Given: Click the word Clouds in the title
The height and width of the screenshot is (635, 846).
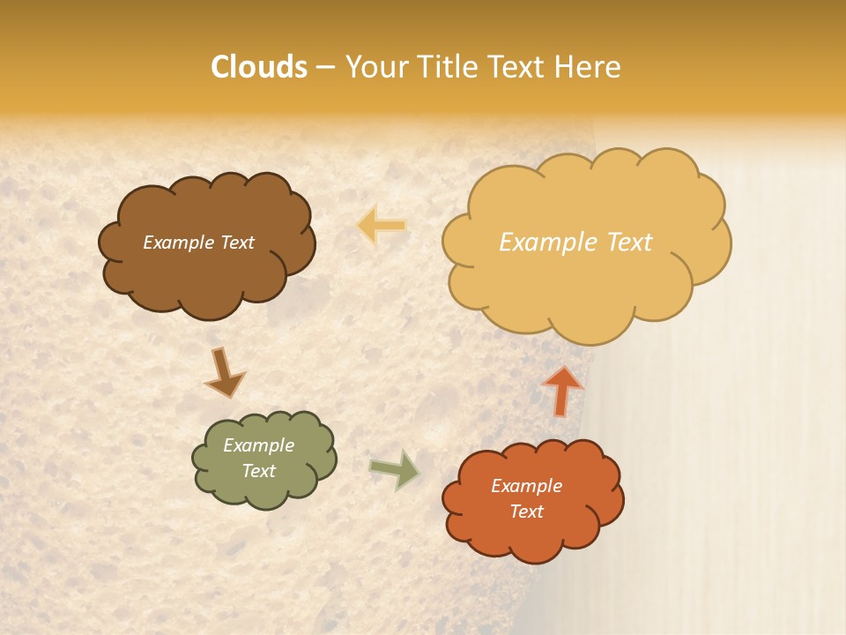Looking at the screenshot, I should tap(259, 67).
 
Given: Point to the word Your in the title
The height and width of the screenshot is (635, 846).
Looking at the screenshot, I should tap(375, 67).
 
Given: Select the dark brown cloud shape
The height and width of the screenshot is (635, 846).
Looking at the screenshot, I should tap(207, 269).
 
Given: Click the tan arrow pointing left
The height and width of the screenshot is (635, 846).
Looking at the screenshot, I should tap(382, 227).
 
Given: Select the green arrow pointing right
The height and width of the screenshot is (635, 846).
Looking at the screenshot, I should tap(395, 469).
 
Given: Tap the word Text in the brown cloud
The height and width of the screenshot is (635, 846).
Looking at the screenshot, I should tap(235, 243).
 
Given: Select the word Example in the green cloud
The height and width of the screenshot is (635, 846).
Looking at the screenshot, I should tap(259, 445).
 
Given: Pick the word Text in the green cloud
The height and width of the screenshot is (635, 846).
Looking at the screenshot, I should tap(259, 471).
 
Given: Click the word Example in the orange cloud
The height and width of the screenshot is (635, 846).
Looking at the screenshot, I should tap(526, 486).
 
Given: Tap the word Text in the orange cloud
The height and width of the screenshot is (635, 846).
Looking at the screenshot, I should tap(526, 512).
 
